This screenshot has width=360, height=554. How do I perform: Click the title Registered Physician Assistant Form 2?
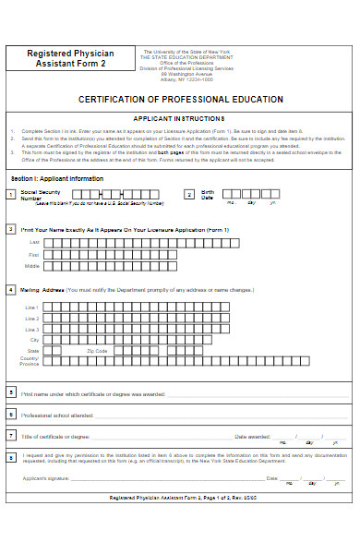[70, 59]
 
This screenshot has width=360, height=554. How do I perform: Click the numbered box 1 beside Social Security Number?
[10, 194]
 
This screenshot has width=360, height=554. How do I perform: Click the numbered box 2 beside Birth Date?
[188, 194]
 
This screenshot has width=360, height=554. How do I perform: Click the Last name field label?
[34, 243]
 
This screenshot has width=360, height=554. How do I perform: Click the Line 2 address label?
[32, 318]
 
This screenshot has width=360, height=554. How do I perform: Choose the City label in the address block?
[34, 340]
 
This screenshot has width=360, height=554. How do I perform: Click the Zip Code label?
[97, 351]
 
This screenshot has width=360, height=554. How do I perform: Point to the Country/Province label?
[30, 362]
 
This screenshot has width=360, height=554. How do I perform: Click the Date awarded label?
[252, 436]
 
